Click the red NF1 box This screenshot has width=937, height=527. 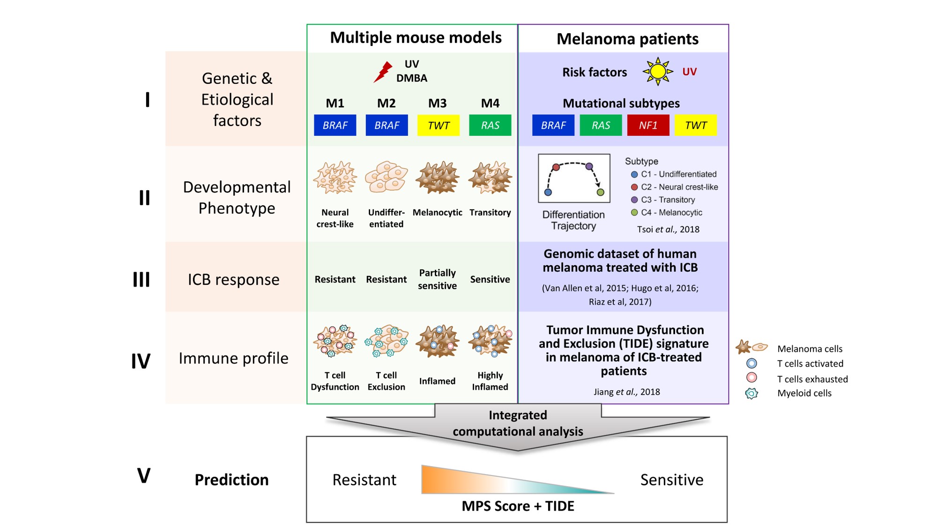pyautogui.click(x=648, y=125)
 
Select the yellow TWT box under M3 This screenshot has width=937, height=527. pyautogui.click(x=438, y=125)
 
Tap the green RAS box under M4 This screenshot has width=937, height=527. pyautogui.click(x=490, y=125)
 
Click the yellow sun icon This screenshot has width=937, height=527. pyautogui.click(x=658, y=71)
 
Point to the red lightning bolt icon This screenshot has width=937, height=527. pyautogui.click(x=383, y=72)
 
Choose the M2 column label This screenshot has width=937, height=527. pyautogui.click(x=386, y=103)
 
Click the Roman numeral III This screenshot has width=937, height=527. pyautogui.click(x=141, y=280)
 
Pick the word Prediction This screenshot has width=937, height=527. pyautogui.click(x=231, y=480)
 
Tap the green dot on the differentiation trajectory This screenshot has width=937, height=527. pyautogui.click(x=600, y=192)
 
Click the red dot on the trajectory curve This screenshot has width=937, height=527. pyautogui.click(x=556, y=167)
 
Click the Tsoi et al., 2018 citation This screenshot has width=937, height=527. pyautogui.click(x=668, y=230)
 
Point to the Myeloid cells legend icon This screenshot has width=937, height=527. pyautogui.click(x=751, y=393)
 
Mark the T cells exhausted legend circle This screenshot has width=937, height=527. pyautogui.click(x=751, y=378)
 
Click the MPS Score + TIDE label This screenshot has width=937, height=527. pyautogui.click(x=518, y=506)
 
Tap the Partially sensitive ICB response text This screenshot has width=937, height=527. pyautogui.click(x=437, y=279)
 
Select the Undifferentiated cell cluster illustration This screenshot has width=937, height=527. pyautogui.click(x=386, y=177)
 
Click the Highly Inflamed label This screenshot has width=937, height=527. pyautogui.click(x=490, y=381)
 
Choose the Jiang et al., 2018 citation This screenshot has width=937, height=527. pyautogui.click(x=626, y=392)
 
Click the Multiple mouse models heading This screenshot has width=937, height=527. pyautogui.click(x=416, y=37)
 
